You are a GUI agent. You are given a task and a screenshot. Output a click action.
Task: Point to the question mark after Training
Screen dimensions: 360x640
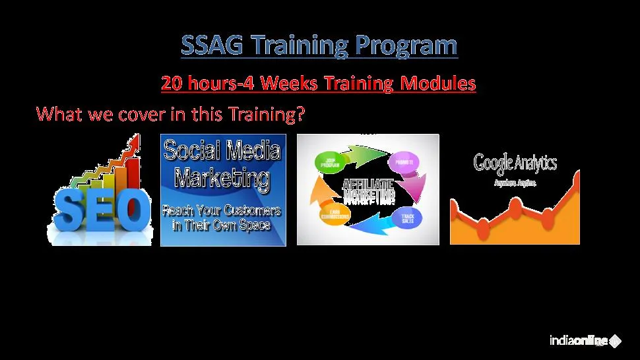coord(300,114)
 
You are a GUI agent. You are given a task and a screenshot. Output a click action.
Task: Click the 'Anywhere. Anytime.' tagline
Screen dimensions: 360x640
coord(515,183)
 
